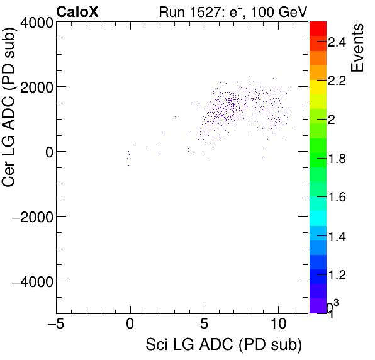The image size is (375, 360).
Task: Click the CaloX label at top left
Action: (77, 11)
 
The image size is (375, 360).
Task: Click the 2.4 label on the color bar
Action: (337, 42)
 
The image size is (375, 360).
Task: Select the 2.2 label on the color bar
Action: (337, 81)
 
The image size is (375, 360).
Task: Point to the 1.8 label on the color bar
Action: (337, 159)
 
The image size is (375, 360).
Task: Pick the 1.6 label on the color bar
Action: (337, 198)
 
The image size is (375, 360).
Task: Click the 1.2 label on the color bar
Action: (337, 275)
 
